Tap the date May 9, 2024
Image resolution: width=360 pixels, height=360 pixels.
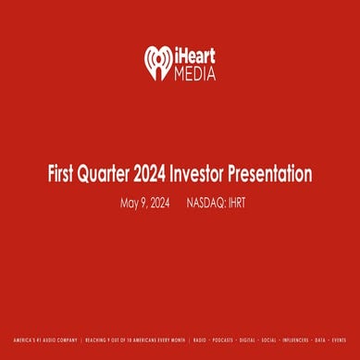pyautogui.click(x=146, y=202)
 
